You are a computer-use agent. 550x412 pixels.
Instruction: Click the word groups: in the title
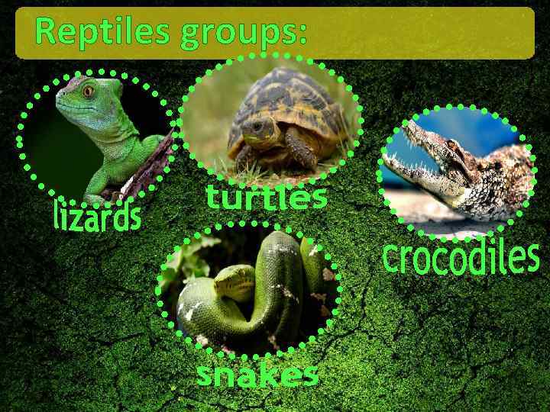244,34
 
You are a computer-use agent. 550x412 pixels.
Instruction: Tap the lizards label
97,215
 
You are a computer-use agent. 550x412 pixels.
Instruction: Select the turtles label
267,198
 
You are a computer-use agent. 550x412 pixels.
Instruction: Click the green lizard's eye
89,92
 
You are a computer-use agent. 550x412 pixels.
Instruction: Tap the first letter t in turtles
213,198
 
